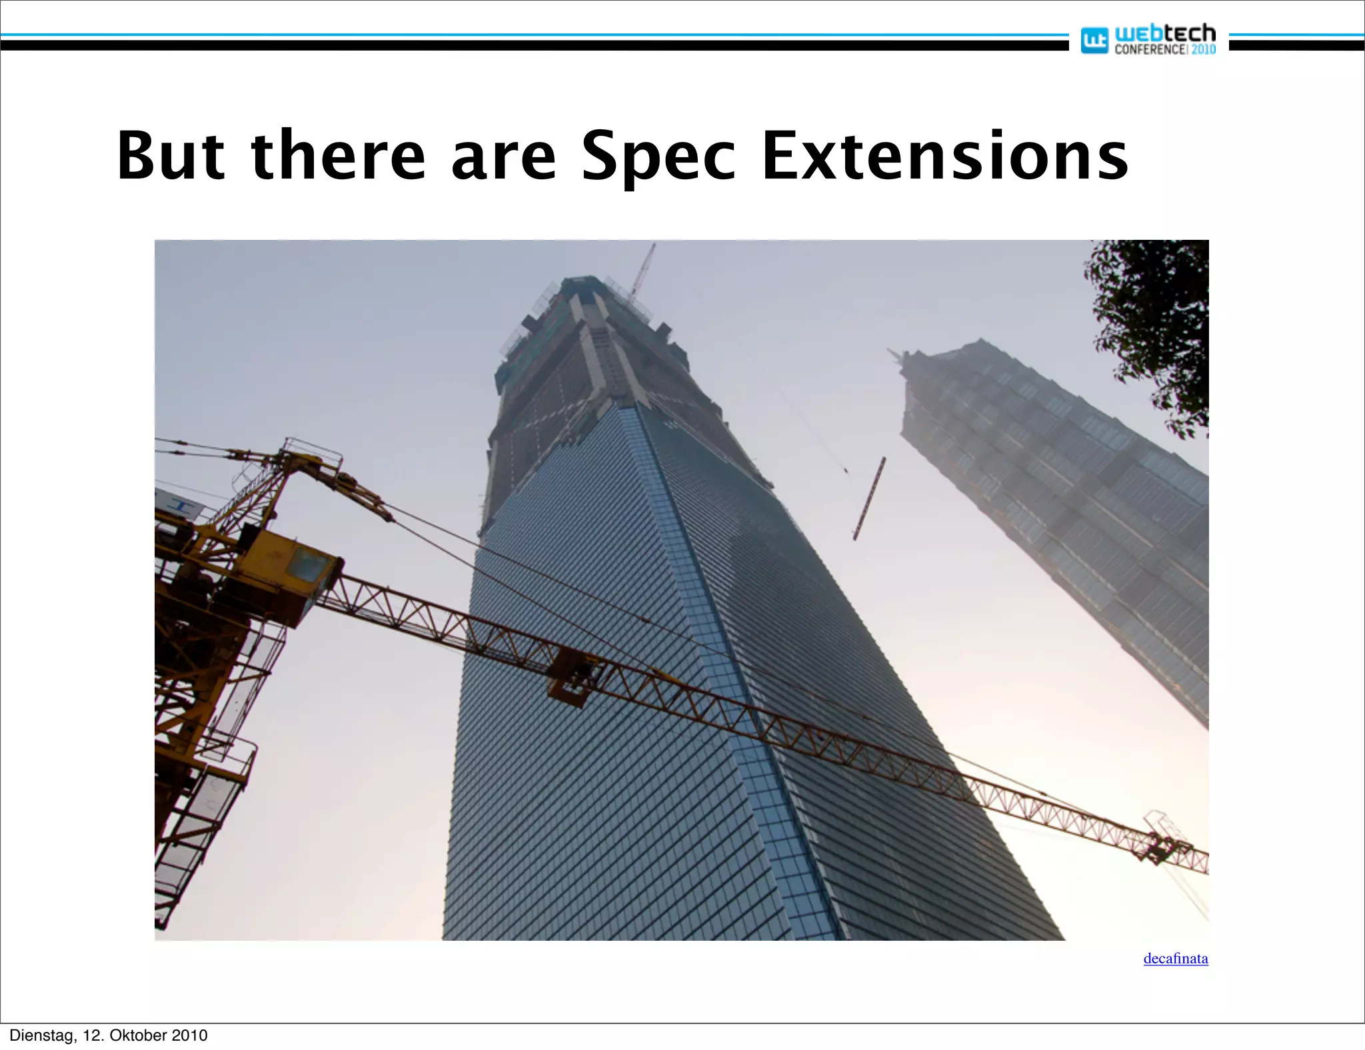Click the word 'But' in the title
click(171, 156)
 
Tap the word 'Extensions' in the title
click(944, 156)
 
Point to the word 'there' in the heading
click(338, 156)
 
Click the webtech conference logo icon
click(1093, 41)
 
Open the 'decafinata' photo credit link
click(1175, 959)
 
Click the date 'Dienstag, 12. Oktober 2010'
click(109, 1035)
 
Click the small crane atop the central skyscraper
click(643, 270)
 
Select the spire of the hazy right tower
click(896, 356)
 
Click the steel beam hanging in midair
click(869, 498)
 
